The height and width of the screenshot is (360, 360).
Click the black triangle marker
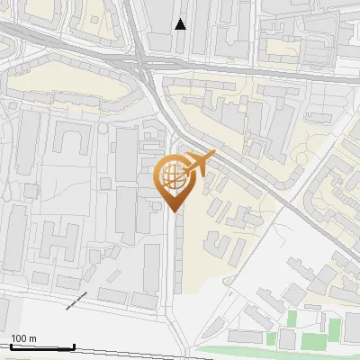(181, 24)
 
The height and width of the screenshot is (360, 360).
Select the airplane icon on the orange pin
(200, 162)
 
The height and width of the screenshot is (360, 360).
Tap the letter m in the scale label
(34, 338)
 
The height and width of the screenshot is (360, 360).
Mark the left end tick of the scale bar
(9, 346)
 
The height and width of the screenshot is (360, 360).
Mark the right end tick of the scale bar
(74, 346)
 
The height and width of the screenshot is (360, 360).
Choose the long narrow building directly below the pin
(178, 256)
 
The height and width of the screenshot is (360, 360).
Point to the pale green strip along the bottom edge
(270, 350)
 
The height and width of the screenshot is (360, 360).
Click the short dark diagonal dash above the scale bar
(76, 301)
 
